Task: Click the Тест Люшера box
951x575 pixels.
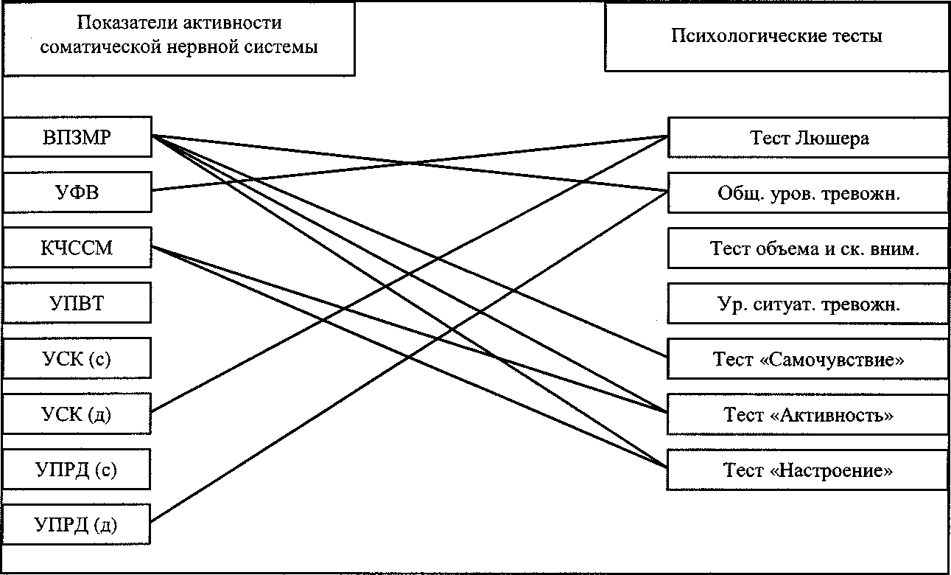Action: (x=808, y=138)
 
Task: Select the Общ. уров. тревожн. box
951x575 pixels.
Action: (x=808, y=193)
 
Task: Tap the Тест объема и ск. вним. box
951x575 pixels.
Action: (x=808, y=248)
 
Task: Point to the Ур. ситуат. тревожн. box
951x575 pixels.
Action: (x=808, y=304)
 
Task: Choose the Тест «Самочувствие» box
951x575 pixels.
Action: (x=808, y=359)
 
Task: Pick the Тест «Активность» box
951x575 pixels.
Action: (x=808, y=414)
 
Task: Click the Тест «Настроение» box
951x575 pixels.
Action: (x=808, y=470)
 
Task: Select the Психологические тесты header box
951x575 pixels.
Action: (x=776, y=36)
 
